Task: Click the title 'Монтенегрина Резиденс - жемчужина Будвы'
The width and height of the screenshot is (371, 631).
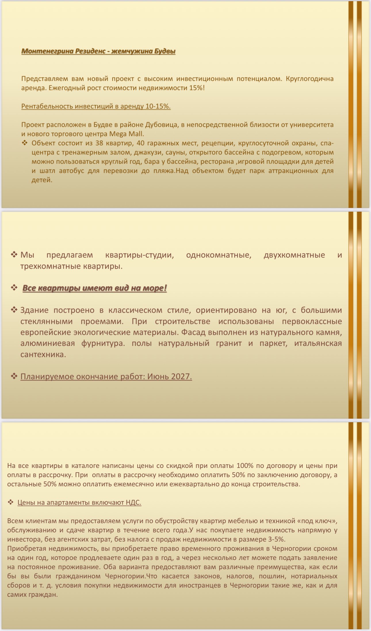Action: point(98,51)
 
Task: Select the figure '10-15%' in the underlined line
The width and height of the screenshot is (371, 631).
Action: point(158,106)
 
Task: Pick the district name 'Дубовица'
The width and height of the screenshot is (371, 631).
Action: point(160,125)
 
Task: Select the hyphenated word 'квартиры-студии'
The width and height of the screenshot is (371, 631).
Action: point(139,255)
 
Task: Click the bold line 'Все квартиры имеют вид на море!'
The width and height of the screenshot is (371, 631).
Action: point(95,288)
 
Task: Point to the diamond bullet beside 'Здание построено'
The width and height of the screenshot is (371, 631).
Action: point(14,310)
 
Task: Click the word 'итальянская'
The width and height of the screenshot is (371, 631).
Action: point(318,343)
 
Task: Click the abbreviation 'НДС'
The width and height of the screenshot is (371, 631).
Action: point(133,502)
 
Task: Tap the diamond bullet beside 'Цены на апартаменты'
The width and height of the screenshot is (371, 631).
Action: point(11,502)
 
